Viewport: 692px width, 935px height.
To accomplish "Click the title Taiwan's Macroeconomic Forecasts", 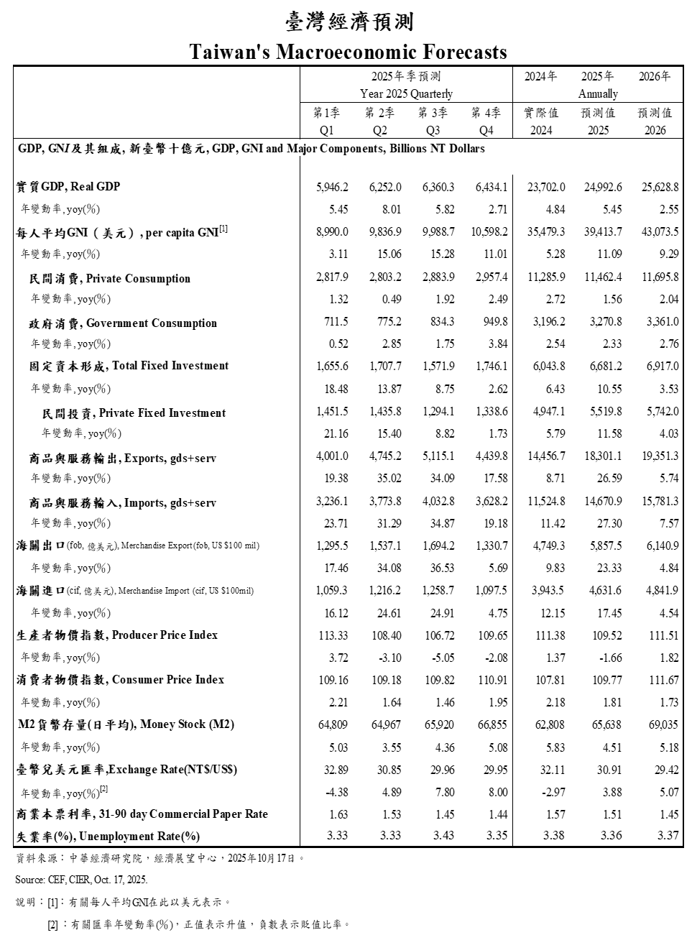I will [x=348, y=52].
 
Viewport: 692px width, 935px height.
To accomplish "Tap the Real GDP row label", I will [x=68, y=187].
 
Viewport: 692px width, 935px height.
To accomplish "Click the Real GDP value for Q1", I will [x=332, y=187].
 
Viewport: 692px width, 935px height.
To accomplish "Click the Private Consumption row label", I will [x=109, y=279].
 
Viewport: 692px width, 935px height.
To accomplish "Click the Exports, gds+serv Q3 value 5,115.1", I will [x=438, y=456].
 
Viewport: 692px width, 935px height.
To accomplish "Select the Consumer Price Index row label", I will [x=120, y=680].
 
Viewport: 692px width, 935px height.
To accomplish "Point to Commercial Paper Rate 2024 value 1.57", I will [x=551, y=814].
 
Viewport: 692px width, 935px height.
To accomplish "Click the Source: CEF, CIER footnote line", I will [x=81, y=880].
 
